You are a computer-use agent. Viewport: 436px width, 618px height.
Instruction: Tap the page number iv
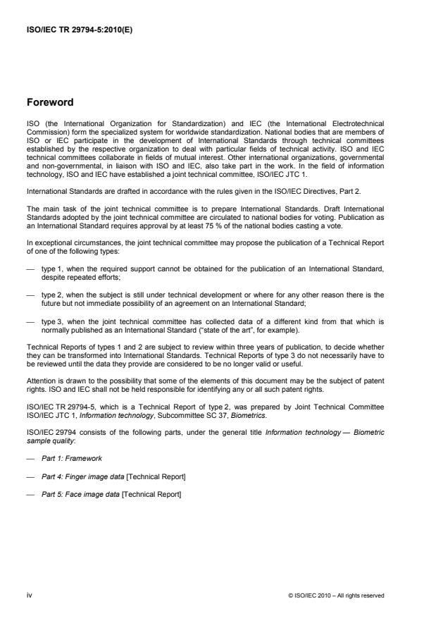[30, 595]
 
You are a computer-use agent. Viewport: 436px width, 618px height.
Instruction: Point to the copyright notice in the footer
[337, 595]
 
